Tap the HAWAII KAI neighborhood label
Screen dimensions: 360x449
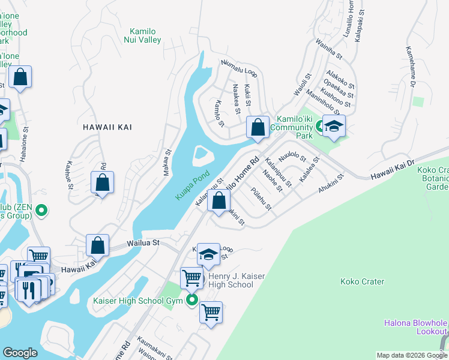(107, 127)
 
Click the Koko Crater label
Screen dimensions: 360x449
(361, 281)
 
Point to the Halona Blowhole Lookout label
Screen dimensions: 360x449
(416, 327)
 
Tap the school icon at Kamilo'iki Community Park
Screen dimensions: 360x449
(334, 126)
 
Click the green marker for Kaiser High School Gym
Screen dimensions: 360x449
(192, 300)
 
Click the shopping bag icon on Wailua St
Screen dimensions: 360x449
(97, 245)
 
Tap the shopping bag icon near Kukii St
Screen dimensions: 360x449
(258, 128)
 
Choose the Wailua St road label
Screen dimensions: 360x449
(142, 243)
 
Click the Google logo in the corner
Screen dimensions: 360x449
(20, 353)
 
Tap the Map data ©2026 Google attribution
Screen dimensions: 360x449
(411, 355)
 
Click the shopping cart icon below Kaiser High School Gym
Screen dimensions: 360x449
(211, 312)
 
